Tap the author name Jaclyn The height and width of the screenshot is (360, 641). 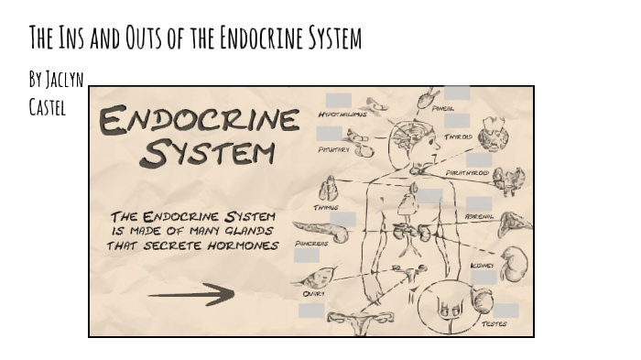point(65,80)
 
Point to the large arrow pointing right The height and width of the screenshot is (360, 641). point(190,295)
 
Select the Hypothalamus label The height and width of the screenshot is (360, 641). point(342,115)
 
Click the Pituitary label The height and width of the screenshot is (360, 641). point(333,148)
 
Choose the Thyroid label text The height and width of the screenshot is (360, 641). point(459,136)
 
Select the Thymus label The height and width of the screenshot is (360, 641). point(326,208)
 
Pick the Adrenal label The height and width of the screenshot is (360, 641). point(480,216)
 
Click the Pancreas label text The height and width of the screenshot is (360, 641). point(311,244)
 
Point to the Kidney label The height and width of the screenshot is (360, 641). point(483,266)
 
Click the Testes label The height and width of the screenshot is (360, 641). point(494,322)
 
